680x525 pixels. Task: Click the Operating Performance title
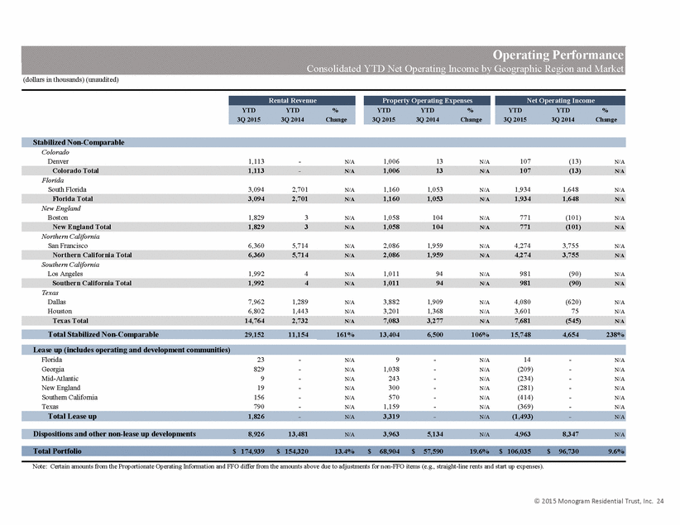point(558,55)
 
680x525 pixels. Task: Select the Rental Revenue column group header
point(292,101)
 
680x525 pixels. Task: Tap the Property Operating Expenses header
point(427,101)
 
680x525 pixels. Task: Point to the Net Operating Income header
point(560,101)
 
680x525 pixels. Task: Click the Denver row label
point(58,161)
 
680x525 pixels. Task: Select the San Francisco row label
point(68,246)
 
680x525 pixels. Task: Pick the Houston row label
point(60,311)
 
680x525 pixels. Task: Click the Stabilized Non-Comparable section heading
point(79,142)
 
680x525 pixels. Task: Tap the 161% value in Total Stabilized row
point(345,335)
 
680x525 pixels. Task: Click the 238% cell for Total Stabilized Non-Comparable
point(615,335)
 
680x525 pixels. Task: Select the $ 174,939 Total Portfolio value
point(248,451)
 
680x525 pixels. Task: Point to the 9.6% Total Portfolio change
point(615,451)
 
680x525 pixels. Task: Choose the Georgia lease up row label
point(53,370)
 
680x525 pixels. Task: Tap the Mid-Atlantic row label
point(60,379)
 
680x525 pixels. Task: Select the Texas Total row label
point(70,321)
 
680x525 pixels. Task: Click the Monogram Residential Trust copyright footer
point(598,501)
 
